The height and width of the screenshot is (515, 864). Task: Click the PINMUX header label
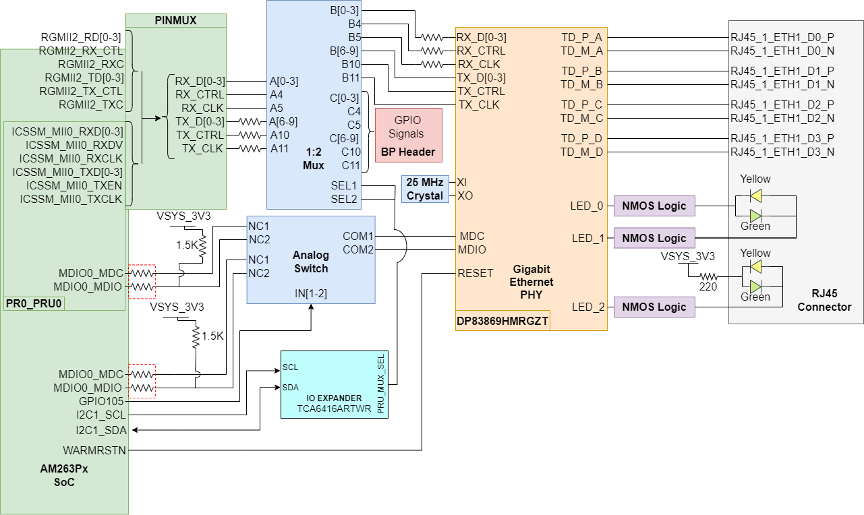tap(175, 20)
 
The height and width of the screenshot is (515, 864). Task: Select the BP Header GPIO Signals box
tap(408, 135)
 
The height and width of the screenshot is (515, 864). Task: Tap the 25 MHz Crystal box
tap(425, 189)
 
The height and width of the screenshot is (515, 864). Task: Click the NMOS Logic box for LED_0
tap(654, 206)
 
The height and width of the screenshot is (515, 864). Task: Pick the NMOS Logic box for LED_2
tap(654, 307)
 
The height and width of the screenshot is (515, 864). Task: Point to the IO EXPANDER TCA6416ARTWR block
tap(334, 384)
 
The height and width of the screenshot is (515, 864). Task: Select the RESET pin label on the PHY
tap(476, 273)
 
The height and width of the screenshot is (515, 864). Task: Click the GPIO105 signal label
tap(101, 401)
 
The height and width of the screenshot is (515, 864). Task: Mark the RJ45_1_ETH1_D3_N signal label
tap(782, 152)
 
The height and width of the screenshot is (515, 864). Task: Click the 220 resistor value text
tap(708, 286)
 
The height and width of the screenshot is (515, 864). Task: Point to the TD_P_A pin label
tap(581, 37)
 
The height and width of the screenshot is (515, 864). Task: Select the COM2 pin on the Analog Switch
tap(358, 249)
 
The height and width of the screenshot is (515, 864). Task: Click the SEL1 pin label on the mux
tap(343, 185)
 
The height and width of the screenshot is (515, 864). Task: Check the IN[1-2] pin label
tap(310, 293)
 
